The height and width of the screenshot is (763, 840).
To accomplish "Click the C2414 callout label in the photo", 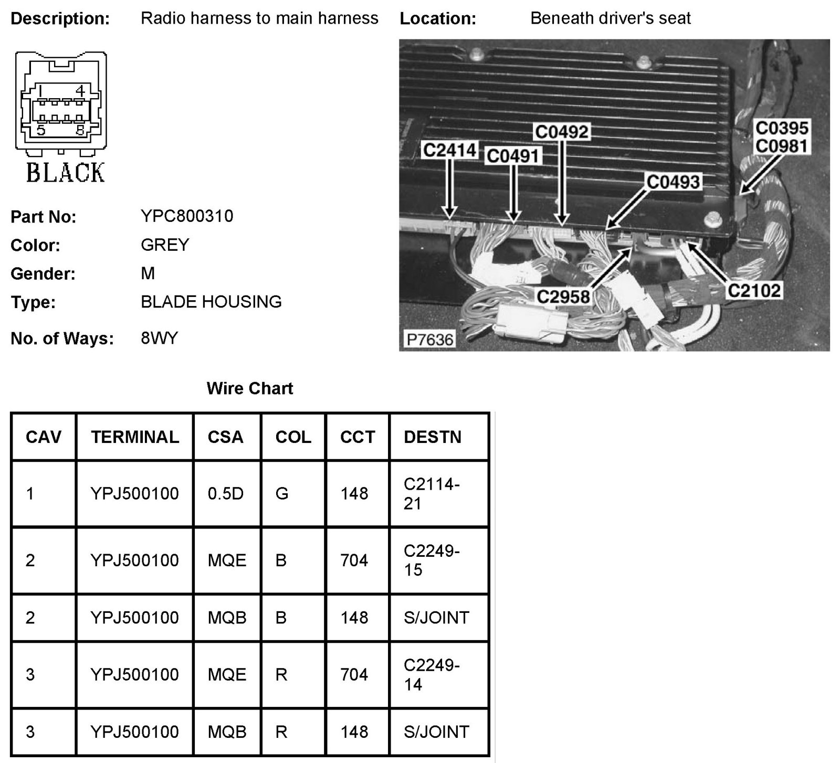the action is click(449, 151).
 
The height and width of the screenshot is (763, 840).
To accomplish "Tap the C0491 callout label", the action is click(513, 156).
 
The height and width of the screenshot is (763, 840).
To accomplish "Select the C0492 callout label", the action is click(562, 132).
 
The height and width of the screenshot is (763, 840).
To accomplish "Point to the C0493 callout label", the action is click(674, 182).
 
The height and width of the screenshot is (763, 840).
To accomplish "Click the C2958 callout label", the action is click(563, 297).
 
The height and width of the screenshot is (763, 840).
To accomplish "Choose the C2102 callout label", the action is click(754, 290).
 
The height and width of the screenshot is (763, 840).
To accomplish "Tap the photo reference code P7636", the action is click(429, 340).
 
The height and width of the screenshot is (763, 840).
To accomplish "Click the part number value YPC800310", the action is click(187, 216).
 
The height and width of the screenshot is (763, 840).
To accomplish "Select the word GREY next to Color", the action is click(165, 245).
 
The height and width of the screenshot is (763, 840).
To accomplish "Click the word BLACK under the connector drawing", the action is click(65, 173).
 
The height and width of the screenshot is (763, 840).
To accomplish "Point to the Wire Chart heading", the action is click(250, 388).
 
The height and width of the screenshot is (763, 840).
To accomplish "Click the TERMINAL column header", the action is click(135, 437).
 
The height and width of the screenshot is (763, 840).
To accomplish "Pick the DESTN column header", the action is click(433, 437).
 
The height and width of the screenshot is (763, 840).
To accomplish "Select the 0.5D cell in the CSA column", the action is click(226, 494).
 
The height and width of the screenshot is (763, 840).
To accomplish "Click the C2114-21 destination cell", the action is click(432, 494).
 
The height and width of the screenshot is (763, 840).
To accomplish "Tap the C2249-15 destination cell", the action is click(432, 560).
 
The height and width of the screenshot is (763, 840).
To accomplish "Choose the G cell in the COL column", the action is click(282, 494).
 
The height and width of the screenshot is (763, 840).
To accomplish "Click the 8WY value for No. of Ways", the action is click(160, 338).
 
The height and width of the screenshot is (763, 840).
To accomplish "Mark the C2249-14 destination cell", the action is click(432, 675).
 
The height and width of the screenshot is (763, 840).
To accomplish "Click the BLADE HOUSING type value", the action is click(211, 302).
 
